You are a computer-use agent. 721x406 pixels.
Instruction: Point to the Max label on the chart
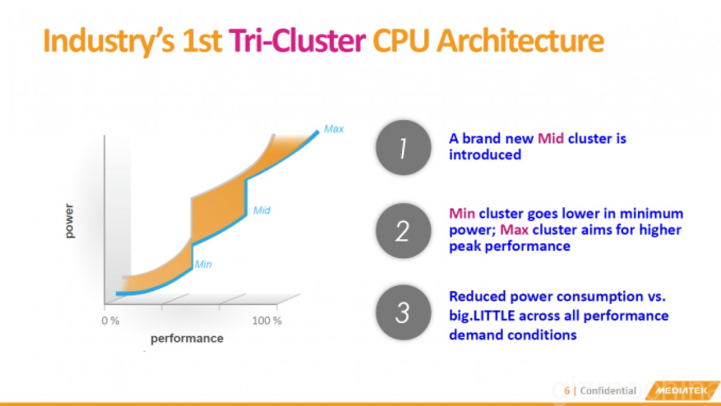333,129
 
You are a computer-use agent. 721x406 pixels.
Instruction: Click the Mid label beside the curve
261,210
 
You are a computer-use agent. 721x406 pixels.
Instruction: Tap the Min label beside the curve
203,263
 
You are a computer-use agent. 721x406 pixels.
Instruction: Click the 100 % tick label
266,320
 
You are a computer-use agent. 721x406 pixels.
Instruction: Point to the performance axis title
187,339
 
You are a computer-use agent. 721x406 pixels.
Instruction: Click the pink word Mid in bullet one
550,139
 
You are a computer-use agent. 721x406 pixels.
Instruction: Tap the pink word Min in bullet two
462,214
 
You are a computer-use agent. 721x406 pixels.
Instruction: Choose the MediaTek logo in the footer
680,391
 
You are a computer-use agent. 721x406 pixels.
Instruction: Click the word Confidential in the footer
607,391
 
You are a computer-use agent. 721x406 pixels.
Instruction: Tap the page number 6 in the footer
566,391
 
